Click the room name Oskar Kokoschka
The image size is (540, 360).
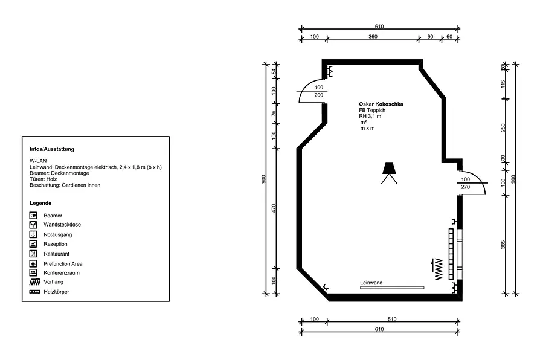point(381,104)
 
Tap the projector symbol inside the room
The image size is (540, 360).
point(389,173)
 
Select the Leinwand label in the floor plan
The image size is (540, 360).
point(371,283)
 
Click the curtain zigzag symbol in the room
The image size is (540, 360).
point(437,269)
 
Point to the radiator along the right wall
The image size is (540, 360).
point(451,254)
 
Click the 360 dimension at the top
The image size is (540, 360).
point(373,36)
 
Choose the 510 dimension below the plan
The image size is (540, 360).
point(392,320)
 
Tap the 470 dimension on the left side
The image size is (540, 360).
point(274,208)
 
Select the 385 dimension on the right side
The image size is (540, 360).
point(503,245)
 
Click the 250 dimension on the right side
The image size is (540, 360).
point(503,128)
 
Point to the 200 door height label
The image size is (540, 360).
point(319,95)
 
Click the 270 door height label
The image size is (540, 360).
point(465,187)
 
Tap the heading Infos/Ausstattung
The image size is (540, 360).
point(52,149)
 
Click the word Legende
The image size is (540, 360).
point(40,203)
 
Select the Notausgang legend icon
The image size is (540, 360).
point(33,234)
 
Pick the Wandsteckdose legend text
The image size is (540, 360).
point(62,225)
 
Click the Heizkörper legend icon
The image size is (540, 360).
point(35,292)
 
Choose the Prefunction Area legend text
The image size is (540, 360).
point(63,264)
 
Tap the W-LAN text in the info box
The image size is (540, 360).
point(38,161)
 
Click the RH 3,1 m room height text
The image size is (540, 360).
point(370,116)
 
